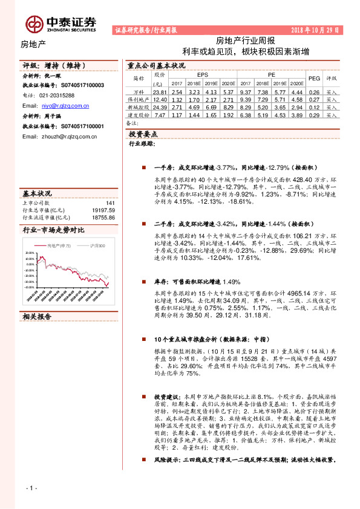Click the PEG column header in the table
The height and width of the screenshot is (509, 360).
(314, 78)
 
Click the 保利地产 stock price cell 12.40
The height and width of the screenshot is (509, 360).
(160, 99)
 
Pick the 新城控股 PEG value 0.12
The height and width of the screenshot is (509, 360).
(314, 107)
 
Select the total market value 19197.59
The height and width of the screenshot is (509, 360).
(103, 210)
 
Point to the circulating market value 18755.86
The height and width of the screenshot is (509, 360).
(103, 216)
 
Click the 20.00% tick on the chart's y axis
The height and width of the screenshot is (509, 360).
(30, 253)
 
